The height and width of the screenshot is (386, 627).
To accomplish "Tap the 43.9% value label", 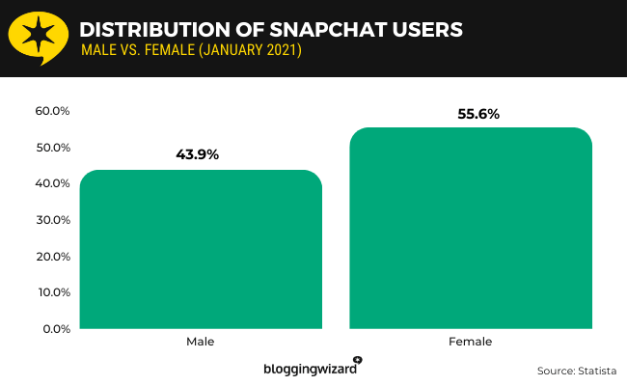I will click(201, 153).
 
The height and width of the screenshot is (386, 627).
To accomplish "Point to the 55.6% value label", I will click(470, 113).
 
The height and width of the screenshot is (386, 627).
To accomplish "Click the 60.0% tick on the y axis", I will click(52, 111).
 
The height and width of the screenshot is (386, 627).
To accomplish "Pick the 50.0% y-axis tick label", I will click(52, 148).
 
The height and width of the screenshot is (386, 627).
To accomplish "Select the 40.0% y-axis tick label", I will click(52, 183).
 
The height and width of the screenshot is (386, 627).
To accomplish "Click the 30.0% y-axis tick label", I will click(52, 220).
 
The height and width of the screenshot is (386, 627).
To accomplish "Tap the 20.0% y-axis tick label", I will click(52, 256).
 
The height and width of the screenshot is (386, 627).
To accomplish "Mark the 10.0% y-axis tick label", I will click(52, 292).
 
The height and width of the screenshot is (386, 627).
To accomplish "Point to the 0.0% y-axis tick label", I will click(54, 329).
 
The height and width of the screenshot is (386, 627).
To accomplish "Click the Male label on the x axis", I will click(201, 342).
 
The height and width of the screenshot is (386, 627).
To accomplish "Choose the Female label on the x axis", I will click(470, 342).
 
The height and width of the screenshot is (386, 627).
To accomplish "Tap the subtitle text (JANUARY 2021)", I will click(254, 50).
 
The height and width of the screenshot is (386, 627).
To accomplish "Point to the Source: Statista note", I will click(576, 370).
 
